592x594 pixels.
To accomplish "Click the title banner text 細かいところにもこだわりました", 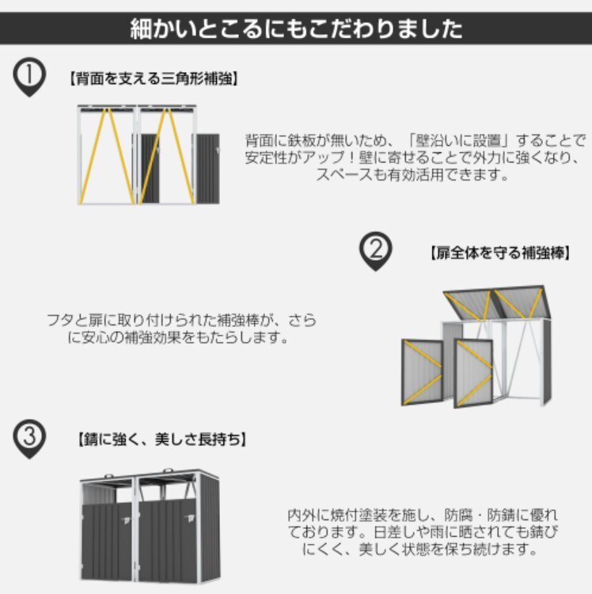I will pyautogui.click(x=296, y=29).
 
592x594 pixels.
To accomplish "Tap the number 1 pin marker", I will pyautogui.click(x=29, y=78).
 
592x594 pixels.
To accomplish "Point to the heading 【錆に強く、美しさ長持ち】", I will pyautogui.click(x=161, y=438).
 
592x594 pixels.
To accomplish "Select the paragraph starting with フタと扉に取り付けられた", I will pyautogui.click(x=180, y=329).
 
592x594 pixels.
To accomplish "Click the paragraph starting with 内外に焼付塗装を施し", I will pyautogui.click(x=423, y=531).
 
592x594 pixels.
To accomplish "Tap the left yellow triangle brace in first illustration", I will pyautogui.click(x=106, y=155).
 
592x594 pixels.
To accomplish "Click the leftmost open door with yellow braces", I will pyautogui.click(x=421, y=371).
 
